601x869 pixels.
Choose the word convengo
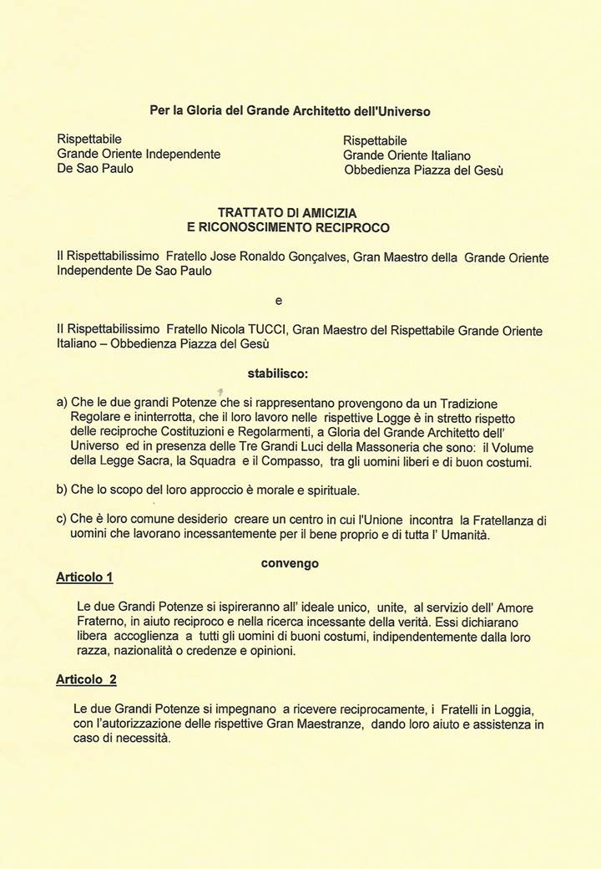[x=290, y=563]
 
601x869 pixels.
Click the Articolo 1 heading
[x=84, y=577]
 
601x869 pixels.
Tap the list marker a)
[x=62, y=402]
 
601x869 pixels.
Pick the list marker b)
[x=62, y=488]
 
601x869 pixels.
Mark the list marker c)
[x=62, y=520]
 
